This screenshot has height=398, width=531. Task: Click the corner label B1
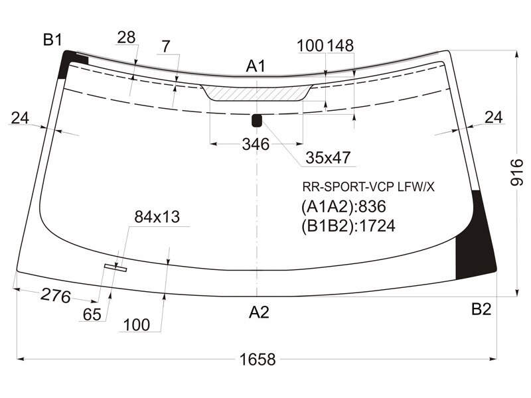(53, 40)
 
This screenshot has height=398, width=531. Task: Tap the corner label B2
(481, 309)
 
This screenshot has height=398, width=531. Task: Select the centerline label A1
(256, 66)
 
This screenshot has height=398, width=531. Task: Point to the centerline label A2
(259, 312)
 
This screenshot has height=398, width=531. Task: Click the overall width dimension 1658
(258, 359)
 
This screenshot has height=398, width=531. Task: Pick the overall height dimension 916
(517, 172)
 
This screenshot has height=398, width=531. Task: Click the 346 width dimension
(256, 145)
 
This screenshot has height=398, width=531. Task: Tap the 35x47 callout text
(328, 158)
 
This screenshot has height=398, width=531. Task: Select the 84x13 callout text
(157, 217)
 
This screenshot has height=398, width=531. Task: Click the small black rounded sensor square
(257, 121)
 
